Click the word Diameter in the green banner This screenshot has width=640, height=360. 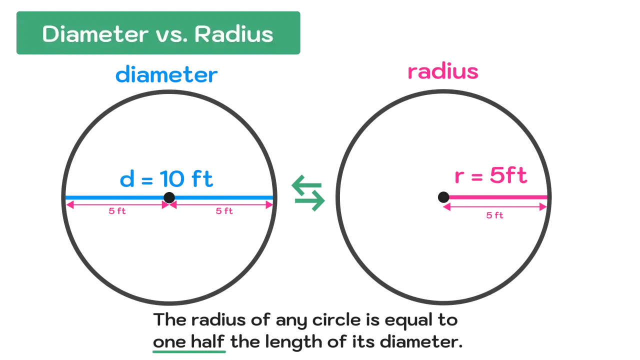95,34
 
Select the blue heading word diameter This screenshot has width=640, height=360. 166,74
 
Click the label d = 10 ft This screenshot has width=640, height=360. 166,178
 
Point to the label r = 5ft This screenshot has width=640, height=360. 491,175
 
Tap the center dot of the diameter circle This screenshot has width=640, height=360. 169,197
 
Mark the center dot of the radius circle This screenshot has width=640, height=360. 443,197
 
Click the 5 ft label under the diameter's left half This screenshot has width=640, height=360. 117,211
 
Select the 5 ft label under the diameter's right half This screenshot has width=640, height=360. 224,211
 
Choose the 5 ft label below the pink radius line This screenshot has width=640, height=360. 494,215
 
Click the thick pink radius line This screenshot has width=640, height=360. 497,197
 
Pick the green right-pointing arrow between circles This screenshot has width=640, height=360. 309,201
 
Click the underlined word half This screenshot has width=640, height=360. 207,341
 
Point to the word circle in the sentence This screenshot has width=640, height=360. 336,319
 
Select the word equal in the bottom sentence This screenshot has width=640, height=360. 408,320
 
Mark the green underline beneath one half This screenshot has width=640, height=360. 189,351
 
